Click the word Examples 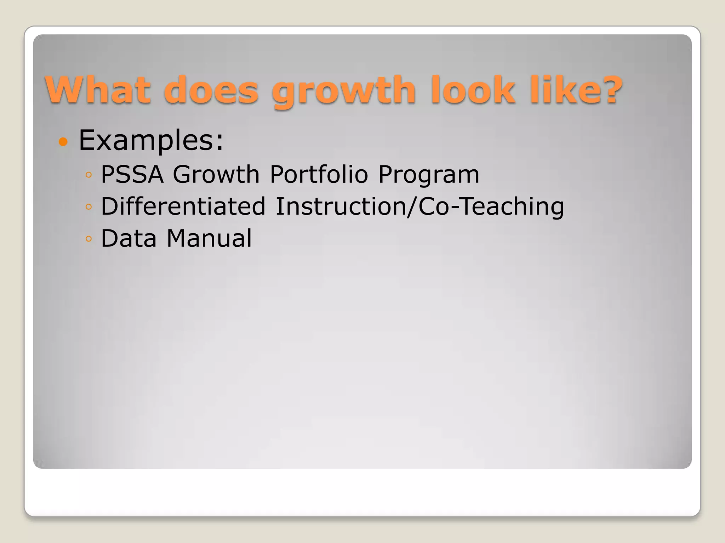(x=151, y=140)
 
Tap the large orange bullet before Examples (x=63, y=142)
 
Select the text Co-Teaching (x=491, y=207)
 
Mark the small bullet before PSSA (x=89, y=175)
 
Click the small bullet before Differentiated (x=89, y=207)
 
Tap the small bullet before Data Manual (x=89, y=239)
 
